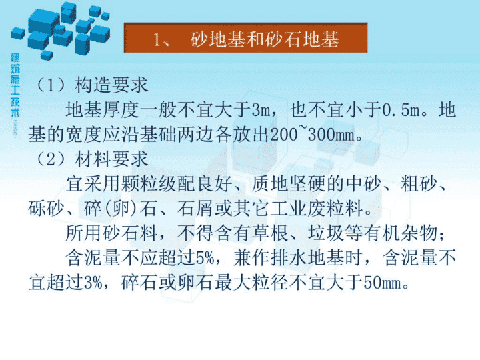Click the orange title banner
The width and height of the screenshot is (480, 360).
tap(245, 37)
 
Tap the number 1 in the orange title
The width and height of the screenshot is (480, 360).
tap(157, 39)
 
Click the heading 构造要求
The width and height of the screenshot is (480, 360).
tap(111, 85)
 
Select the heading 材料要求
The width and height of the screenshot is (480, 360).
tap(111, 159)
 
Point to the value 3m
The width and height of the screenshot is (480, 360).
tap(261, 110)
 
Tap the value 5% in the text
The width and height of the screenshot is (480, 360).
tap(205, 258)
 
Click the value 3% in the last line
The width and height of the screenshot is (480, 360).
tap(93, 283)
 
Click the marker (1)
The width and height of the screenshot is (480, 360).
tap(51, 85)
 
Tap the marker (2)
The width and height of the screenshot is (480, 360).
tap(51, 159)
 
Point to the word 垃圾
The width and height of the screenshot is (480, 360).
tap(326, 233)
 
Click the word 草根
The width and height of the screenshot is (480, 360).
tap(270, 233)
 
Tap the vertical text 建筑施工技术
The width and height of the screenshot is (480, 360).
tap(15, 85)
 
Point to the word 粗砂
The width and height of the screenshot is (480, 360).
tap(419, 184)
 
